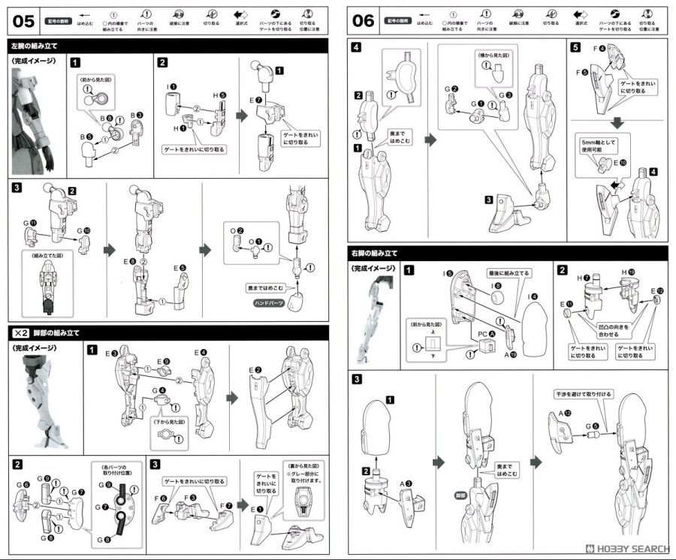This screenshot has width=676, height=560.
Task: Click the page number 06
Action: [363, 20]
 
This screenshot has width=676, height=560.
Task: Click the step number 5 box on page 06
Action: [575, 47]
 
